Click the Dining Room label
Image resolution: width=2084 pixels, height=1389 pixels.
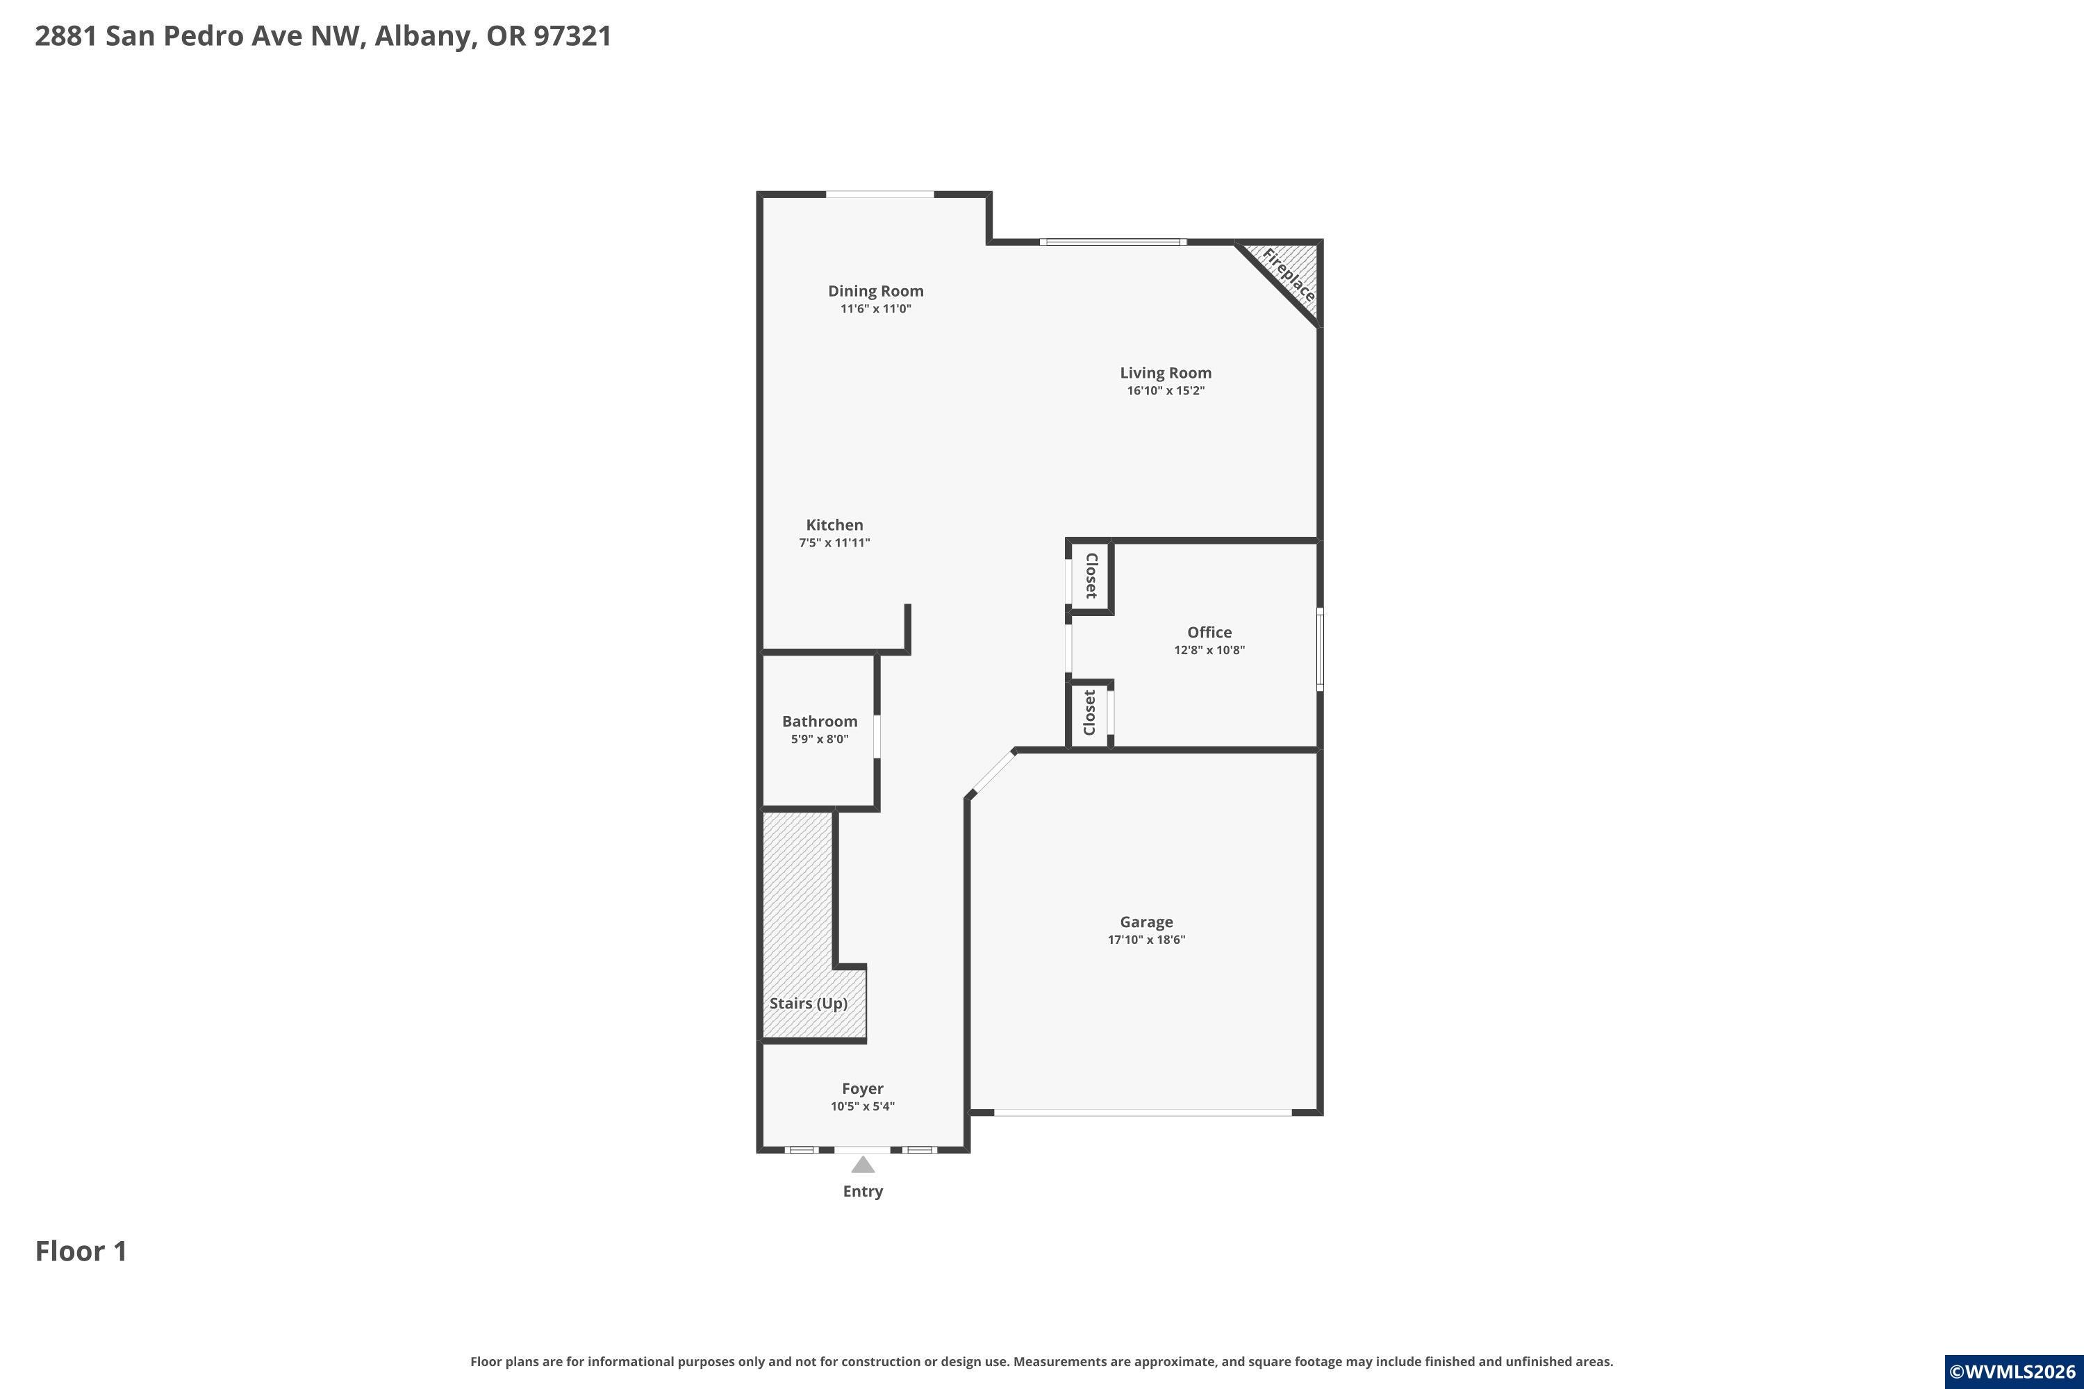[x=875, y=290]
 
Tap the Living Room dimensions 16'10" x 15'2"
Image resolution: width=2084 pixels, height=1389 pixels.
[x=1165, y=390]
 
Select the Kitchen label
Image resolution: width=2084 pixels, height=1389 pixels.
[x=834, y=524]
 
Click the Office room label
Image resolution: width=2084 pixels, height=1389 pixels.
[x=1209, y=631]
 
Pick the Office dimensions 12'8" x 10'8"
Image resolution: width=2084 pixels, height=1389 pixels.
[x=1209, y=649]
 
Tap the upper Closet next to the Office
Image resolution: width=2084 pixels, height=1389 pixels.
[x=1091, y=576]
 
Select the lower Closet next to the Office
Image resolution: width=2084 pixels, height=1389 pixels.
[x=1089, y=713]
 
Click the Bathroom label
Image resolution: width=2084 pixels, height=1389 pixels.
[x=820, y=721]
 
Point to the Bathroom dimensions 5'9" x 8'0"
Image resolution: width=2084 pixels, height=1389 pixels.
[x=820, y=739]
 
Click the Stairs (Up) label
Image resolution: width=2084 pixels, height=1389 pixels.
[x=808, y=1003]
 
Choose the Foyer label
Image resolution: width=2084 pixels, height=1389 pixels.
[x=862, y=1088]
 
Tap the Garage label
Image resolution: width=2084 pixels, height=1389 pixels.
[x=1146, y=922]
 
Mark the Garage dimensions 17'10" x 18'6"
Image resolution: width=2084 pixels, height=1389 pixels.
[x=1146, y=939]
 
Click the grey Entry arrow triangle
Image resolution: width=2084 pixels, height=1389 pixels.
[x=862, y=1164]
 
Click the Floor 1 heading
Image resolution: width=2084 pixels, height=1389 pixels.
[x=81, y=1251]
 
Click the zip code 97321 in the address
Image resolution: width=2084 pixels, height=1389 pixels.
[x=572, y=35]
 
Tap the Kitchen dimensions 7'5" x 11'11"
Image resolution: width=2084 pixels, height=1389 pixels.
[x=834, y=542]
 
